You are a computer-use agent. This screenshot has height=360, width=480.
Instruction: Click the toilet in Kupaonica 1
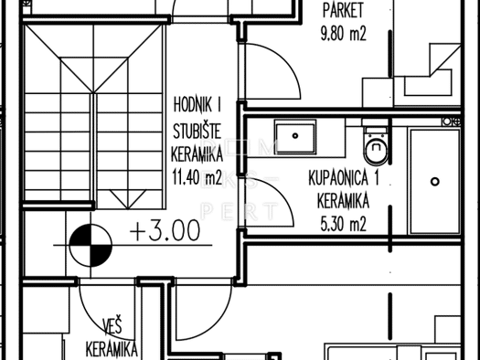pyautogui.click(x=376, y=146)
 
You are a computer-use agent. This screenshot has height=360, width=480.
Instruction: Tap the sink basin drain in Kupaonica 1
pyautogui.click(x=295, y=135)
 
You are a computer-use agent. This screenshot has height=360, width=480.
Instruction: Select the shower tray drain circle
pyautogui.click(x=435, y=182)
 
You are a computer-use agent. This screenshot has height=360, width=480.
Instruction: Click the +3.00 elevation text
pyautogui.click(x=165, y=231)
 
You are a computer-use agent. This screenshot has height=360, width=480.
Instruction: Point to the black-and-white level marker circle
pyautogui.click(x=91, y=245)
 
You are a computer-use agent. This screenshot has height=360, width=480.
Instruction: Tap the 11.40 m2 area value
pyautogui.click(x=197, y=177)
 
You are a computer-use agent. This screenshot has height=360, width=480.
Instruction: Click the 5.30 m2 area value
pyautogui.click(x=343, y=224)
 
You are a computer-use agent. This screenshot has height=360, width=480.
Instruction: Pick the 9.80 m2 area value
pyautogui.click(x=343, y=33)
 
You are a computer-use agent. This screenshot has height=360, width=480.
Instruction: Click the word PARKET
pyautogui.click(x=343, y=10)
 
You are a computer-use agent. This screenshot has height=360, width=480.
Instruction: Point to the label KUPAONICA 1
pyautogui.click(x=344, y=178)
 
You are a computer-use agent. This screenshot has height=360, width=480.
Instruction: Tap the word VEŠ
pyautogui.click(x=112, y=326)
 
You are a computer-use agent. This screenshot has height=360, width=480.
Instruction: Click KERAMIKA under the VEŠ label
pyautogui.click(x=112, y=349)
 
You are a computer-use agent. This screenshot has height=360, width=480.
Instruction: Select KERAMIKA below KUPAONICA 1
pyautogui.click(x=343, y=201)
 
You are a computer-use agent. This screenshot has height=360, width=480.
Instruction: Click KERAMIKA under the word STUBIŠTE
pyautogui.click(x=197, y=154)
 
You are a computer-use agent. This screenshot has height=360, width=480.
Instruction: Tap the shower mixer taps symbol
pyautogui.click(x=452, y=122)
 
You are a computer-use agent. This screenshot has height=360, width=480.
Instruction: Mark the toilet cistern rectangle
pyautogui.click(x=376, y=123)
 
